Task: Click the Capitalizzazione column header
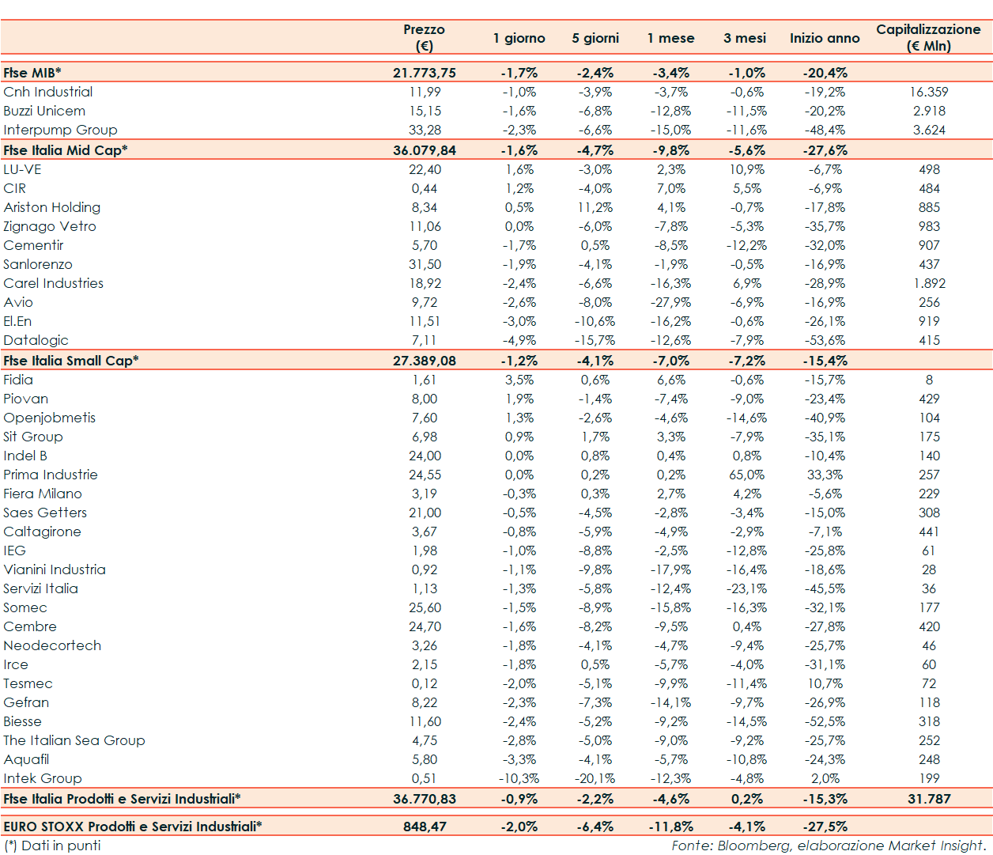[x=928, y=37]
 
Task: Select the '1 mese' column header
[x=670, y=38]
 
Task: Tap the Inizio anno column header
[x=824, y=38]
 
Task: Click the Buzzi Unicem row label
[x=44, y=111]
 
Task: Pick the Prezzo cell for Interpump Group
[x=425, y=130]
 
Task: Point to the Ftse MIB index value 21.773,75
[x=425, y=73]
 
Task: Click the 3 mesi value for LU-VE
[x=746, y=169]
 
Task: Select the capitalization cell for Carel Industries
[x=929, y=283]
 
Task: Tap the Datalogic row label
[x=36, y=340]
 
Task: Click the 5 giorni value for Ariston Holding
[x=595, y=207]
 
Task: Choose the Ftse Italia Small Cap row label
[x=71, y=361]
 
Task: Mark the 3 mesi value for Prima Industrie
[x=746, y=475]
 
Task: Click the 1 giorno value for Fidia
[x=519, y=380]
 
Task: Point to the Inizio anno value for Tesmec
[x=825, y=683]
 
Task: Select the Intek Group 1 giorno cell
[x=519, y=778]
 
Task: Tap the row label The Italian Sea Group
[x=74, y=740]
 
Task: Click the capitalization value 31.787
[x=929, y=799]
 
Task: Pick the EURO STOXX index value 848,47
[x=425, y=827]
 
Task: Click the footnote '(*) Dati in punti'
[x=52, y=846]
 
